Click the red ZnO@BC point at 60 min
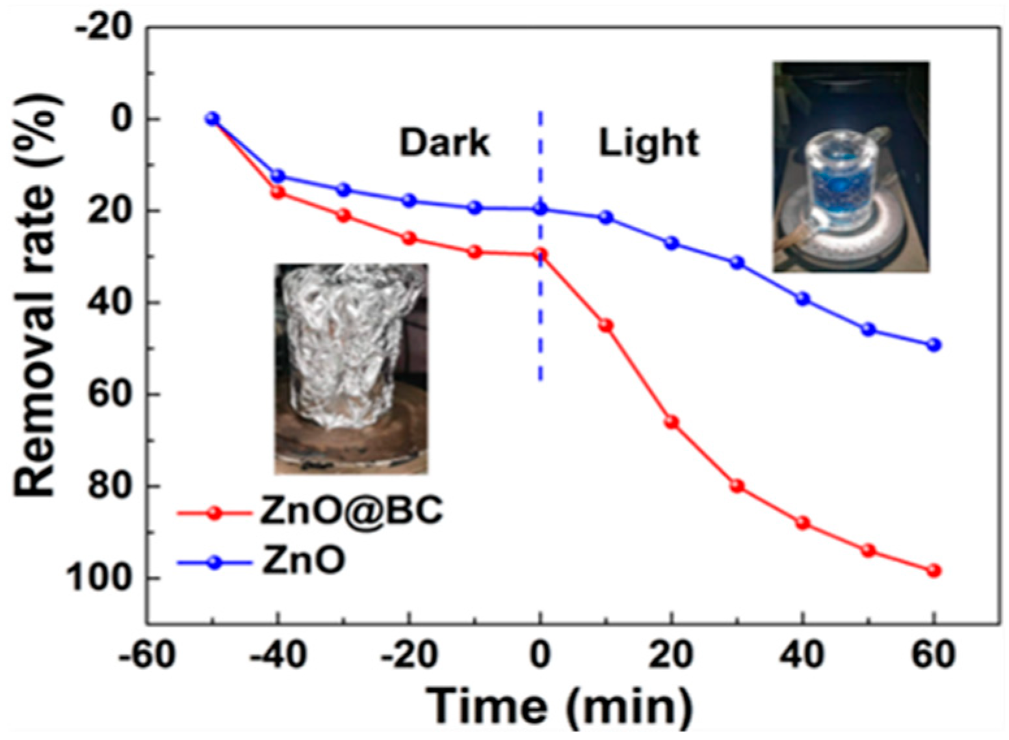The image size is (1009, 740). click(934, 571)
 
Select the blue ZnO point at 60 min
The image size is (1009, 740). click(934, 345)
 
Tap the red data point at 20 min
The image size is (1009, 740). click(671, 423)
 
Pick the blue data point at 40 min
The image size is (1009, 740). click(802, 298)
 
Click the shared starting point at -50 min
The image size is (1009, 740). click(212, 118)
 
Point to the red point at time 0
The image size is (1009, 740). click(540, 254)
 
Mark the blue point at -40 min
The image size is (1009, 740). click(278, 176)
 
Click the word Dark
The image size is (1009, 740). click(444, 142)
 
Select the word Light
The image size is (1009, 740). click(648, 142)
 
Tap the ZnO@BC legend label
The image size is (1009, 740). click(352, 511)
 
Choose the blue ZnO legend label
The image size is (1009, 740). click(303, 561)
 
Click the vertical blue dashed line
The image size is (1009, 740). click(540, 312)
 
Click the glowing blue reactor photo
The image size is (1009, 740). click(850, 167)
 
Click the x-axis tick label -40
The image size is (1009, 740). click(277, 655)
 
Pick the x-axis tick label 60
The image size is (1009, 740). click(934, 655)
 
